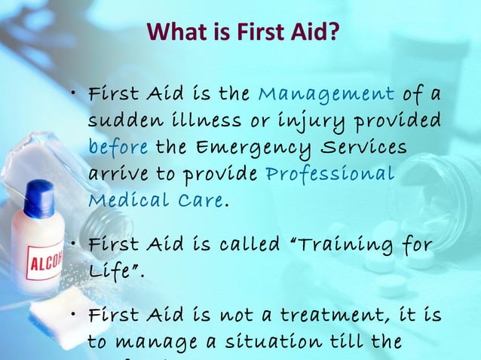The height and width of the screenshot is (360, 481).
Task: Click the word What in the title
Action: [x=172, y=32]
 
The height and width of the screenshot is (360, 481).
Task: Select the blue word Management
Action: [x=326, y=94]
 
